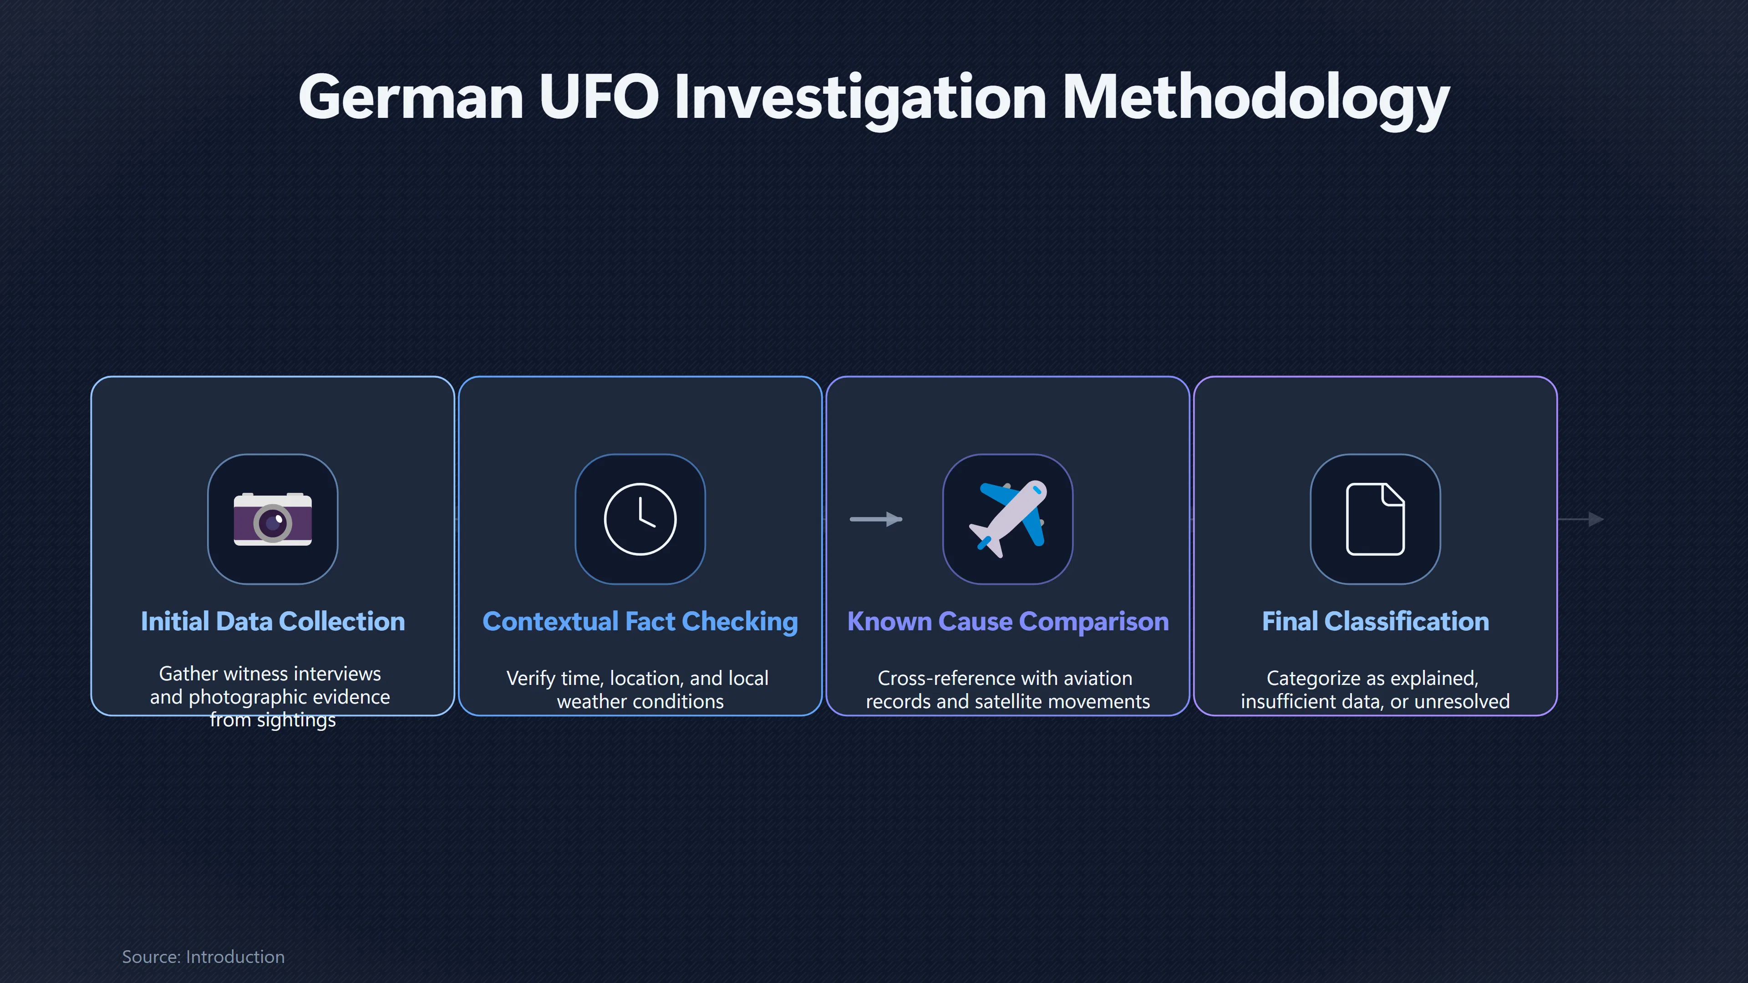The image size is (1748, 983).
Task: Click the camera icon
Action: pos(273,519)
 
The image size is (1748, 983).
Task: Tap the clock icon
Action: pos(640,519)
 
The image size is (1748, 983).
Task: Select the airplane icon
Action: pos(1008,519)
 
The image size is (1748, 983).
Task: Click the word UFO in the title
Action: pos(599,97)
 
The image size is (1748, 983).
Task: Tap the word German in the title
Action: pos(411,97)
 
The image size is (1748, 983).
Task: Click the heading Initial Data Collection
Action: pos(273,621)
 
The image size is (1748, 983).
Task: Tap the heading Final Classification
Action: pos(1376,621)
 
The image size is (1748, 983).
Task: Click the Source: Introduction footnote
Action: pos(203,957)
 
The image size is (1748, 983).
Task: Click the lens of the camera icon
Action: pos(273,522)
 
